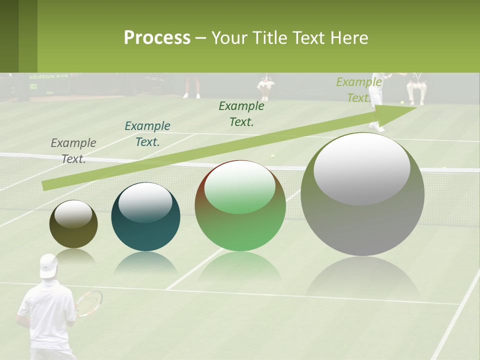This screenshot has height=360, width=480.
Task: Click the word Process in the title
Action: pyautogui.click(x=157, y=38)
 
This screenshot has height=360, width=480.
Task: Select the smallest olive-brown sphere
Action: pyautogui.click(x=73, y=224)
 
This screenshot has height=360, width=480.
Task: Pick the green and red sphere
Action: pyautogui.click(x=240, y=206)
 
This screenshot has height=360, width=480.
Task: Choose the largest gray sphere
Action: pyautogui.click(x=362, y=195)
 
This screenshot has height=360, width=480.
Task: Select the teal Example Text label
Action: pyautogui.click(x=147, y=134)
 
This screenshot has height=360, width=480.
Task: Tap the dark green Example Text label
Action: pyautogui.click(x=241, y=114)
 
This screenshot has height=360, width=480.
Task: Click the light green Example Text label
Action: pyautogui.click(x=358, y=90)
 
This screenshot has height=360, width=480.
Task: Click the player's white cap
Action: pyautogui.click(x=48, y=265)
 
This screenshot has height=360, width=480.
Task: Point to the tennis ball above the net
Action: pyautogui.click(x=273, y=156)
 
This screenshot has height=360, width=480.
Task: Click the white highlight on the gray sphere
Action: pyautogui.click(x=361, y=167)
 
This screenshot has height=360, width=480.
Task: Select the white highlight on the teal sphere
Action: pyautogui.click(x=145, y=202)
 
